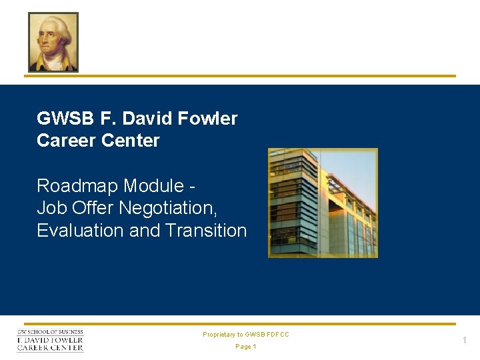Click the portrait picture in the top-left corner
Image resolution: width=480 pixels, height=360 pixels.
point(53,42)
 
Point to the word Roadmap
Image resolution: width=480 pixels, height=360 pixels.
point(77,185)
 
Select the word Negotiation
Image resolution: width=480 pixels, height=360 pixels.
point(168,209)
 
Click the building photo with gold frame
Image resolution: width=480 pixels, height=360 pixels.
point(323,203)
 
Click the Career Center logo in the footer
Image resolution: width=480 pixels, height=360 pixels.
point(51,340)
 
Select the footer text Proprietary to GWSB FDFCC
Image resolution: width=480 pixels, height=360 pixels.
point(246,335)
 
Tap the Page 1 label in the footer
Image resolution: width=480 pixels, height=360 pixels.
point(246,347)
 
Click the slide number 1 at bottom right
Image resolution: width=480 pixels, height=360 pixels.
point(465,341)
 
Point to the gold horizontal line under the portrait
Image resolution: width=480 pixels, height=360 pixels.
point(240,76)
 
